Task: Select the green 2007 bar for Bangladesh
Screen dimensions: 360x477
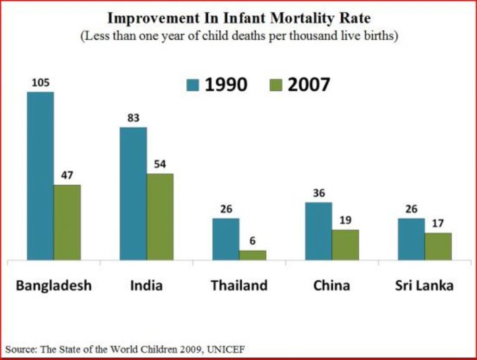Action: click(67, 222)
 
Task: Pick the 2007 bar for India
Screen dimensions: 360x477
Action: click(160, 217)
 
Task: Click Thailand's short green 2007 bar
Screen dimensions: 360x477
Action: click(253, 255)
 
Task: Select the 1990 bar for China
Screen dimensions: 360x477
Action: click(318, 231)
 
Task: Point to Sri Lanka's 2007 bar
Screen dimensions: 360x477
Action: click(438, 246)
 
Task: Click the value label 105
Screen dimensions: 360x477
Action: click(41, 84)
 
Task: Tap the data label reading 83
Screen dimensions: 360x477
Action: click(133, 119)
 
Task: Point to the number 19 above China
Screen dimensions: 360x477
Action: click(345, 220)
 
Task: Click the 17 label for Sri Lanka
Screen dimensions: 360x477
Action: click(438, 224)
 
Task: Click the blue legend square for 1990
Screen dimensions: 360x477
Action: click(193, 85)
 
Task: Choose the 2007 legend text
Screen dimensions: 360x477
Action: click(308, 84)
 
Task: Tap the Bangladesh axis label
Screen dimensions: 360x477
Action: click(54, 285)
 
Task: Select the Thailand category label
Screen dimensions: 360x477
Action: click(239, 285)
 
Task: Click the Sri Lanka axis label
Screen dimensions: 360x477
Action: click(424, 285)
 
